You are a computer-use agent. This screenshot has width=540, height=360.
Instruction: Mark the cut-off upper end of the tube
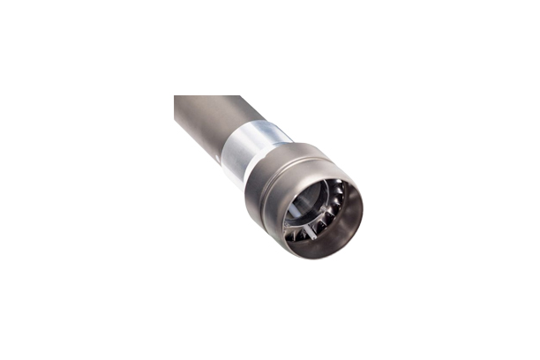[208, 97]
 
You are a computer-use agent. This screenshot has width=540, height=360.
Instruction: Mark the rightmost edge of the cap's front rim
[362, 212]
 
